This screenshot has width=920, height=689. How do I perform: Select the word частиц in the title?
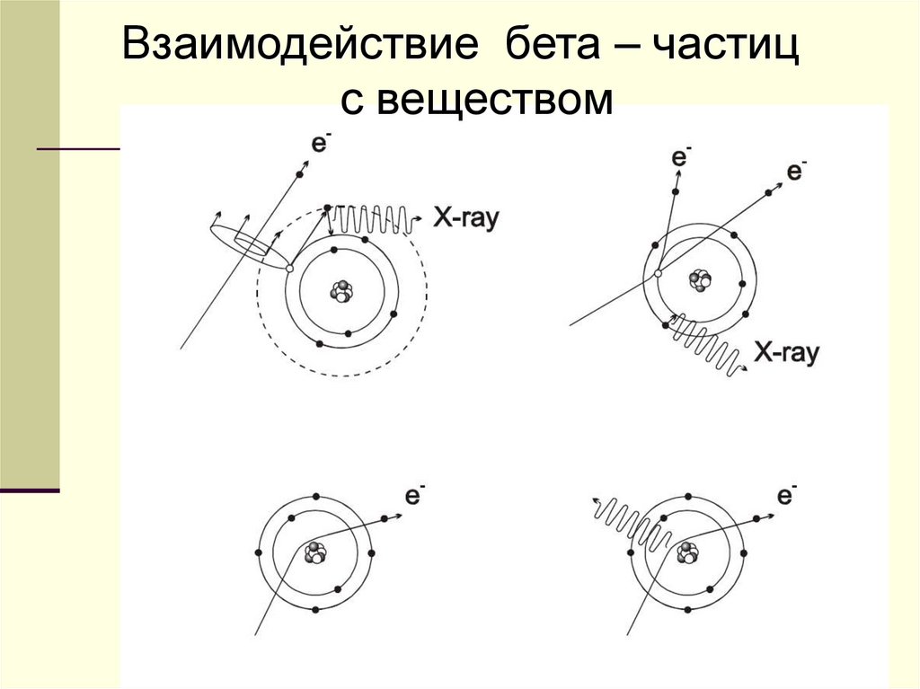coord(726,47)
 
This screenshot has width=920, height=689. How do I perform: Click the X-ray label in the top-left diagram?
coord(466,217)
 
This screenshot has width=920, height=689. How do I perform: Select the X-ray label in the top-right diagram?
coord(786,353)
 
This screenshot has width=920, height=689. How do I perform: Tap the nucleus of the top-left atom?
coord(341,291)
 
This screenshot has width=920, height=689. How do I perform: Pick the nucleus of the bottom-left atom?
coord(315,553)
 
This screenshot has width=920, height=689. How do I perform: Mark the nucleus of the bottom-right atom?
coord(688,552)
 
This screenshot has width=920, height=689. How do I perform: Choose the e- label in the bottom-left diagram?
coord(415,495)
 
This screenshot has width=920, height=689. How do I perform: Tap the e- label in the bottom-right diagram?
coord(788,495)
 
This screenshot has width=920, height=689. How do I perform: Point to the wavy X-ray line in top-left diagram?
coord(373,218)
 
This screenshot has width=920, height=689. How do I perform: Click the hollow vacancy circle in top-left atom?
coord(289,268)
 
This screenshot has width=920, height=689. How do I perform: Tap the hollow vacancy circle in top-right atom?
coord(658,273)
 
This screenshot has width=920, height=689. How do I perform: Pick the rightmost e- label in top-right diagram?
coord(797,171)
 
